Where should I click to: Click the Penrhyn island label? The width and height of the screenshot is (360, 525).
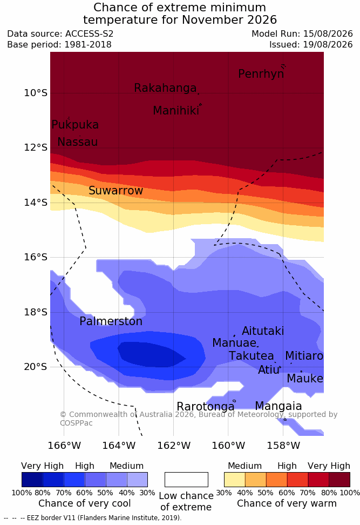(261, 73)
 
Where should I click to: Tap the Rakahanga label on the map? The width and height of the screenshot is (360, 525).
(165, 87)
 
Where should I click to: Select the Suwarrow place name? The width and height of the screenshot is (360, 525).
(116, 191)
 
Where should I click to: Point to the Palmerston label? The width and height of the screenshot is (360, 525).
(111, 321)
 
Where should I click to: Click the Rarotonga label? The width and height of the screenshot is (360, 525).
(206, 407)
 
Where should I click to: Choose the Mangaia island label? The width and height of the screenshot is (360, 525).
(279, 406)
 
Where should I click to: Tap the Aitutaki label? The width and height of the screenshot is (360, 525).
(263, 331)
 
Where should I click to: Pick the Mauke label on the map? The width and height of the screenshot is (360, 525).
(305, 378)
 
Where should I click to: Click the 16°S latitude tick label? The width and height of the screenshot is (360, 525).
(36, 257)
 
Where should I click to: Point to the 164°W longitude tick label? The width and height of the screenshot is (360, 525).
(119, 446)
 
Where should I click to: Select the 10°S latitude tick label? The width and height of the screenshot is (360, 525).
(36, 93)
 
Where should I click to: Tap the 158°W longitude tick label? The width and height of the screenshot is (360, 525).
(283, 446)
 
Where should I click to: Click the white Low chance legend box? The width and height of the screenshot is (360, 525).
(186, 480)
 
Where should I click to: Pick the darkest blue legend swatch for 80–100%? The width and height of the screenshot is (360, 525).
(32, 480)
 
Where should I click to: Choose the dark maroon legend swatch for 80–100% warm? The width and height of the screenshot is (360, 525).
(339, 480)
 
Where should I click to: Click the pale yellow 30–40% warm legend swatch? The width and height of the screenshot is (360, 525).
(235, 480)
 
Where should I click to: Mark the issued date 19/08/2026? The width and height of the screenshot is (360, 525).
(328, 44)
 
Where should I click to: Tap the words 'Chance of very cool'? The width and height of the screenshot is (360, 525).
(85, 503)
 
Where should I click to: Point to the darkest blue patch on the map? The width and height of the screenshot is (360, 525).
(151, 354)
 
